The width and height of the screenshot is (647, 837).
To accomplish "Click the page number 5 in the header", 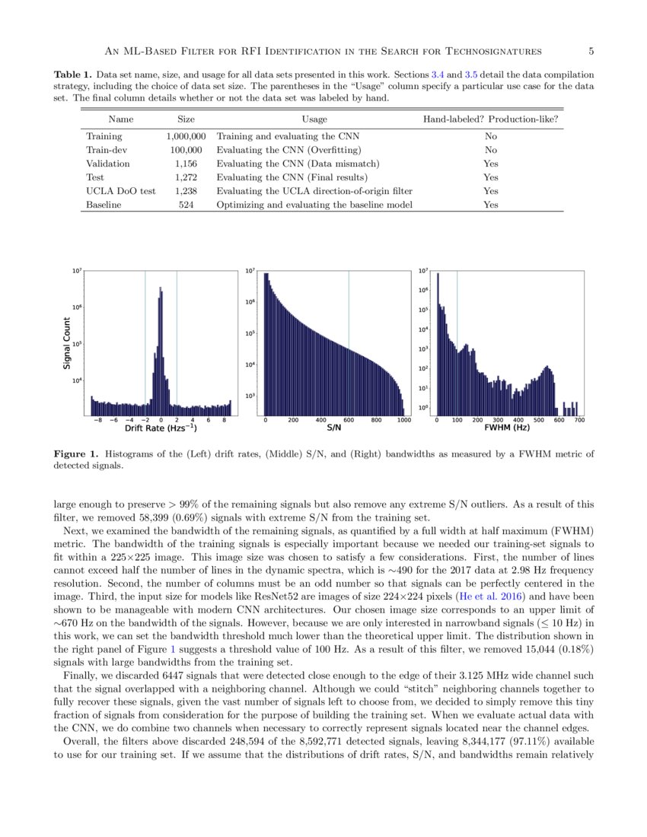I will [591, 51].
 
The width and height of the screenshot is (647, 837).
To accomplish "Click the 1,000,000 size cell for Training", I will [186, 135].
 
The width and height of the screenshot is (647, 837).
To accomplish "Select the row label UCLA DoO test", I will [122, 191].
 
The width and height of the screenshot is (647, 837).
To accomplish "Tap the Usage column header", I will [314, 119].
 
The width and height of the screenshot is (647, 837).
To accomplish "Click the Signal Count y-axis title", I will [66, 343].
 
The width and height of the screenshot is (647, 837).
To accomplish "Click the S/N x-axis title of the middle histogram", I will [333, 428].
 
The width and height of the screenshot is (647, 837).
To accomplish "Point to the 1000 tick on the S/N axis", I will [403, 419].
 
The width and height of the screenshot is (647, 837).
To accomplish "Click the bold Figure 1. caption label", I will [76, 454].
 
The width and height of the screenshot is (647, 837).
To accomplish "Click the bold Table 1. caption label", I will [72, 75].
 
